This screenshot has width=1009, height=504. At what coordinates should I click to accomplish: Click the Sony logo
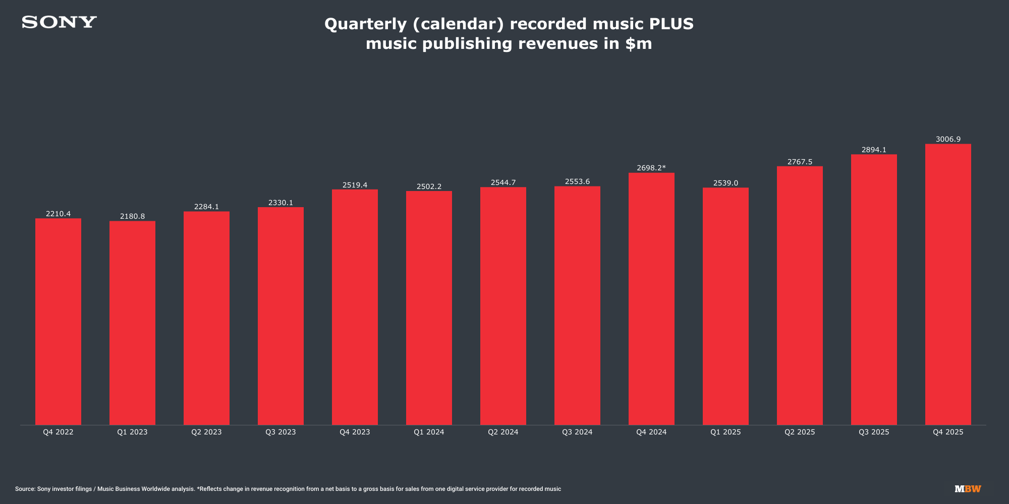click(x=59, y=22)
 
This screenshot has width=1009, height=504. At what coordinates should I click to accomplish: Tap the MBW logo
click(x=968, y=489)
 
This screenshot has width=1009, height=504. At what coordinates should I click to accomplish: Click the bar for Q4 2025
click(x=948, y=284)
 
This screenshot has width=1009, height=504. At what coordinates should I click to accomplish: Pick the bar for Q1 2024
click(x=429, y=308)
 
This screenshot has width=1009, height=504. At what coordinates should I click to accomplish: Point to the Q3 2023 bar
click(x=281, y=316)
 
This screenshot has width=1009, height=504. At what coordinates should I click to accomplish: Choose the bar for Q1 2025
click(x=725, y=306)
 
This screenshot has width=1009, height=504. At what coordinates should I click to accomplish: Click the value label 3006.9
click(x=948, y=139)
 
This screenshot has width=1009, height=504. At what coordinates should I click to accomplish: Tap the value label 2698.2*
click(x=651, y=168)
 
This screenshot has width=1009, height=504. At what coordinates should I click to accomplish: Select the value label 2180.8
click(x=132, y=216)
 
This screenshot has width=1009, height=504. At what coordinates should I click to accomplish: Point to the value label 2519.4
click(x=355, y=185)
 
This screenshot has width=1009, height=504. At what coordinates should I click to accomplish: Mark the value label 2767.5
click(x=800, y=162)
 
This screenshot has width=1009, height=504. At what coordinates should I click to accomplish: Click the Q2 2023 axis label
click(x=206, y=432)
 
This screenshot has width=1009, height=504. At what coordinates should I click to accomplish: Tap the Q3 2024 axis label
click(x=577, y=432)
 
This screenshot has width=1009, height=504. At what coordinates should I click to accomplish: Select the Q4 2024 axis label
click(x=651, y=432)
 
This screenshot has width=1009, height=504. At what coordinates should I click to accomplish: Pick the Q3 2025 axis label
click(x=874, y=432)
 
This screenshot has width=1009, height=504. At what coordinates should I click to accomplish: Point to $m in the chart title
click(x=638, y=43)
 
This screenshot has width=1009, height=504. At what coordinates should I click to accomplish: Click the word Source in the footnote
click(x=24, y=489)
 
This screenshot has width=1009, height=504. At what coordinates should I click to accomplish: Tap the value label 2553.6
click(x=577, y=181)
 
